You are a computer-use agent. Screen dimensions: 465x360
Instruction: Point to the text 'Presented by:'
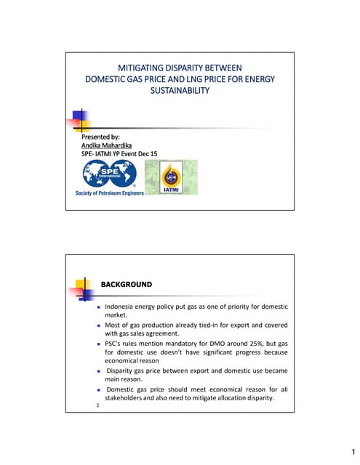point(100,137)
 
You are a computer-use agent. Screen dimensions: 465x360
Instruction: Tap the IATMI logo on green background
point(170,177)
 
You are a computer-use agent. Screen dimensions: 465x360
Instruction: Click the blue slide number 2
point(97,405)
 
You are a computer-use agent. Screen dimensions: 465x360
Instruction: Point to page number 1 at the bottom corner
point(350,450)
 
